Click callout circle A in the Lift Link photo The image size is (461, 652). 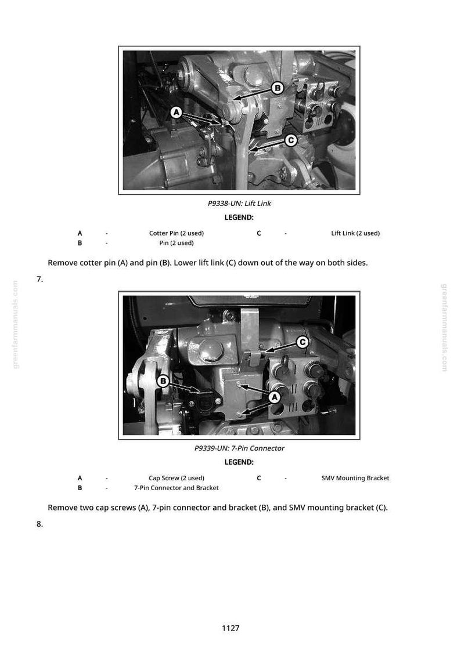pyautogui.click(x=177, y=113)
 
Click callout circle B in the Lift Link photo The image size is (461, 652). pyautogui.click(x=278, y=88)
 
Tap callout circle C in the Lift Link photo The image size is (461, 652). pyautogui.click(x=291, y=140)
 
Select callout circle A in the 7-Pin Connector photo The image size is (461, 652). pyautogui.click(x=274, y=397)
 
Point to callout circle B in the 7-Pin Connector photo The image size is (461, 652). pyautogui.click(x=163, y=381)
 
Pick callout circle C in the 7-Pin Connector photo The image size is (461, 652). pyautogui.click(x=302, y=342)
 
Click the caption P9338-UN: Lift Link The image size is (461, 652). pyautogui.click(x=239, y=204)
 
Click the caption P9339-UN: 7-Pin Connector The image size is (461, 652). pyautogui.click(x=239, y=448)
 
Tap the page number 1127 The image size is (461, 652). pyautogui.click(x=230, y=628)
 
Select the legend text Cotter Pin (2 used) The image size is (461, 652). pyautogui.click(x=177, y=233)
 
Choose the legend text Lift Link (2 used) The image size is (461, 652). pyautogui.click(x=355, y=233)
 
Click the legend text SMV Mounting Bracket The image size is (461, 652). pyautogui.click(x=355, y=478)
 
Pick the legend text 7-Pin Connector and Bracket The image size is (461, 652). pyautogui.click(x=177, y=488)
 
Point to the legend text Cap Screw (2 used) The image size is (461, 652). pyautogui.click(x=177, y=478)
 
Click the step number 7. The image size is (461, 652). pyautogui.click(x=39, y=279)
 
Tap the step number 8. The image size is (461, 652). pyautogui.click(x=39, y=524)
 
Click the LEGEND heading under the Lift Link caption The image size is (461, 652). pyautogui.click(x=239, y=217)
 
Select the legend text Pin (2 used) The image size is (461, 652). pyautogui.click(x=177, y=243)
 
